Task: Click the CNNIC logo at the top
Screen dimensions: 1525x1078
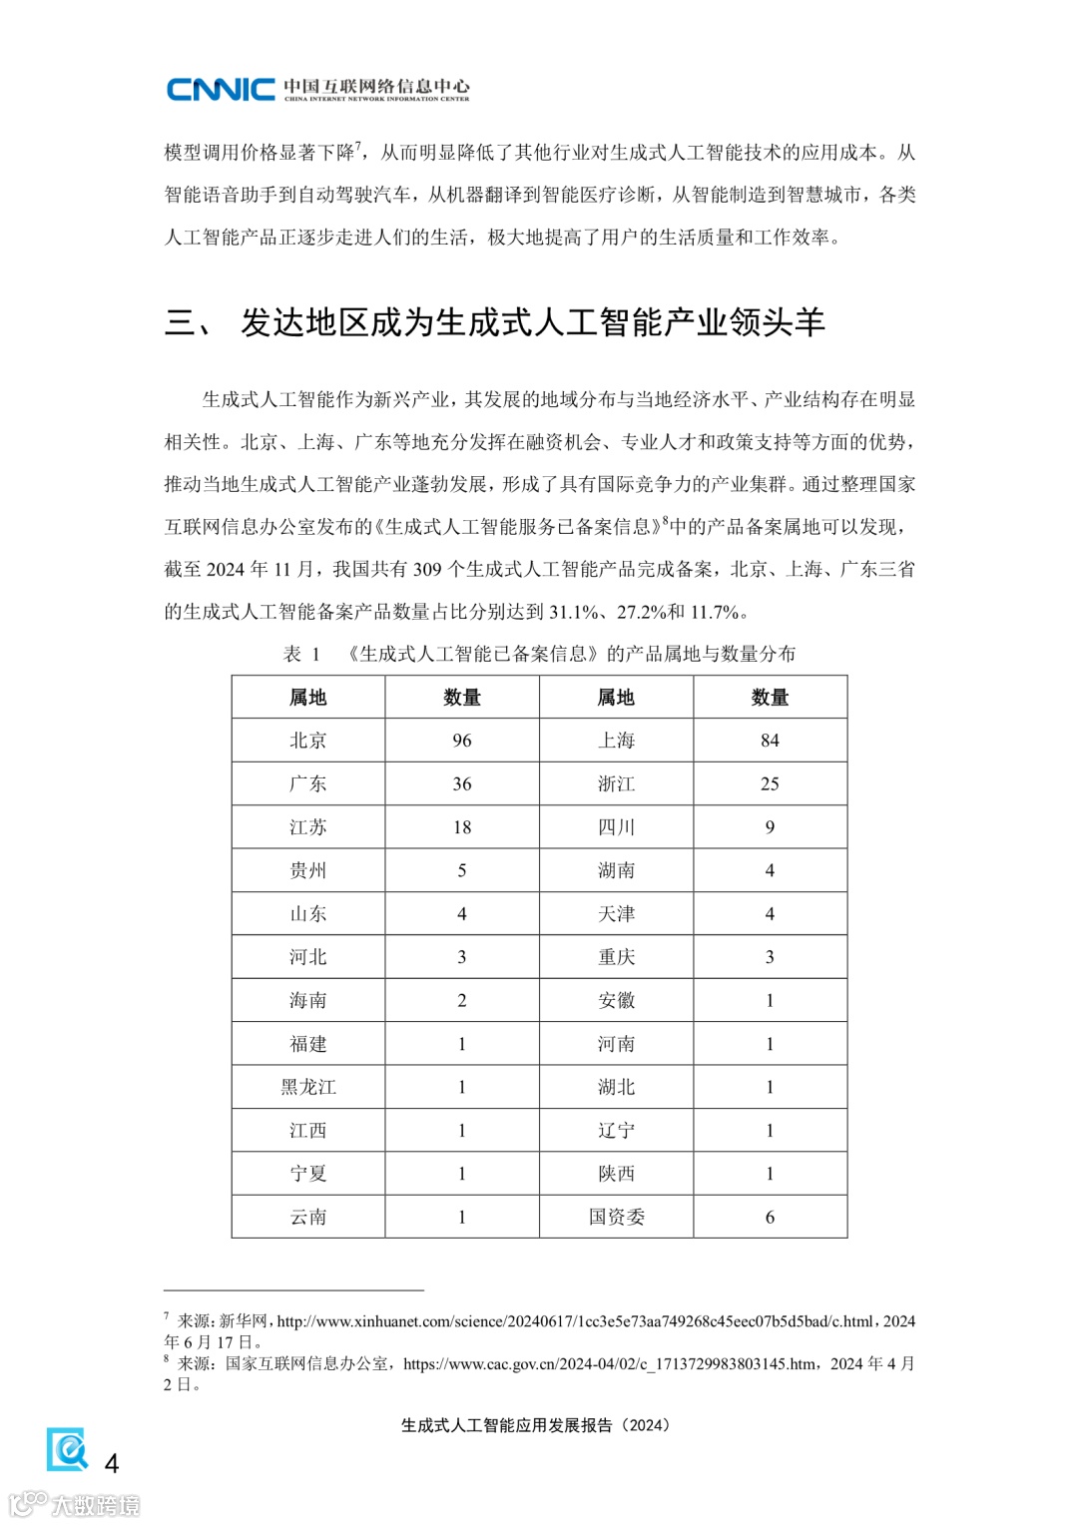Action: point(221,89)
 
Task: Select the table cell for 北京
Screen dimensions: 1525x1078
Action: point(307,741)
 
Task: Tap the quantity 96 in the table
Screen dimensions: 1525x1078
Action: point(461,741)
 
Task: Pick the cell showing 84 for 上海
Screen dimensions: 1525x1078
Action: point(770,741)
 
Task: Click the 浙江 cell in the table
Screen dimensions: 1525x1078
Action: point(616,783)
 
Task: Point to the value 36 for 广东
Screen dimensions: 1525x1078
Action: point(461,783)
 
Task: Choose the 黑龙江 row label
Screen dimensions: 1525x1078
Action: point(307,1087)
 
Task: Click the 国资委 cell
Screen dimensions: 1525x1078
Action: point(616,1217)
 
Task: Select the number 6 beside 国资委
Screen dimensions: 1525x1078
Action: point(770,1217)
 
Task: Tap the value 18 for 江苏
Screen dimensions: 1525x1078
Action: point(461,827)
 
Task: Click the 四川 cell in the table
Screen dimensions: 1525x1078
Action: point(616,827)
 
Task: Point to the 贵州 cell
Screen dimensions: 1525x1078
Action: point(307,870)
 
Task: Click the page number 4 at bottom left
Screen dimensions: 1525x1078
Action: point(112,1463)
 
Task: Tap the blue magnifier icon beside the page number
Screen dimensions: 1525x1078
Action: point(68,1449)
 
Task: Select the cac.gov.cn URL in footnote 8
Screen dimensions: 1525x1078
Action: point(609,1363)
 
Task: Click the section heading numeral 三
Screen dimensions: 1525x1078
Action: point(182,322)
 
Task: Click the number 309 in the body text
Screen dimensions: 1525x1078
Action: point(427,569)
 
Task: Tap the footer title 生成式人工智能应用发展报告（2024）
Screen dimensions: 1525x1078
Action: point(535,1425)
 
